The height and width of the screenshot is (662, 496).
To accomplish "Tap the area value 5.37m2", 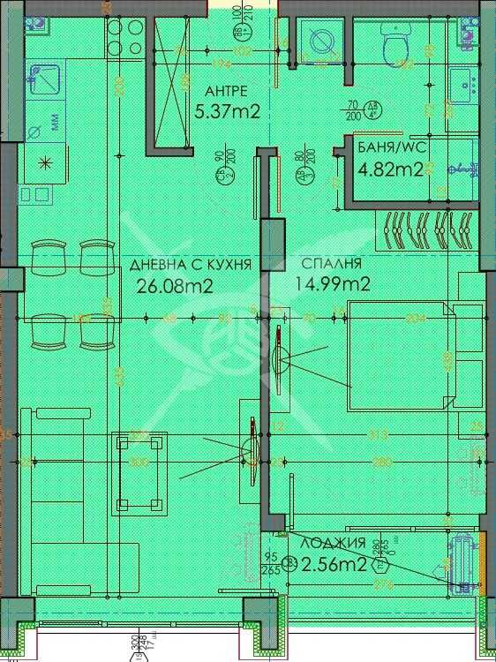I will pos(227,111).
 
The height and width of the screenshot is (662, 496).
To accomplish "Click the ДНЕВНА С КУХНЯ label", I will pos(191,264).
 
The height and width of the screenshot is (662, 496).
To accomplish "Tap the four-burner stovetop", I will pos(123,36).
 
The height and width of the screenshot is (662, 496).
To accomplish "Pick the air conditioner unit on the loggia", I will pos(462,560).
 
